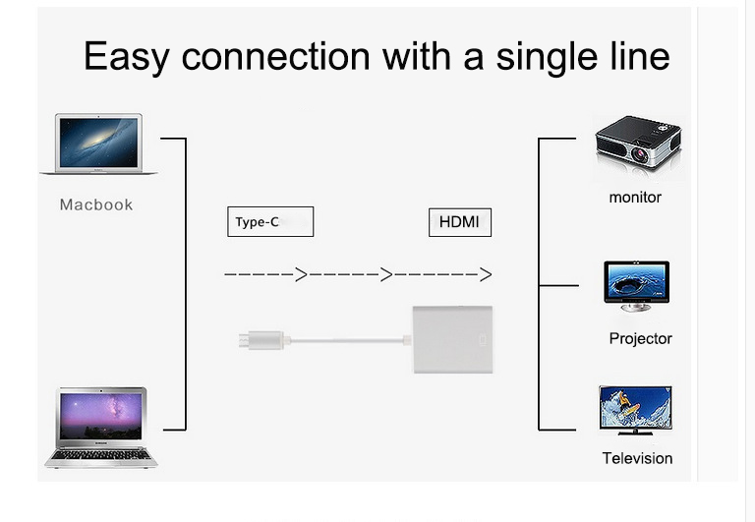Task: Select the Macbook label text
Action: pyautogui.click(x=95, y=204)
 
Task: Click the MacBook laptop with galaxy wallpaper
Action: pyautogui.click(x=98, y=144)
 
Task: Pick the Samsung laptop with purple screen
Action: pyautogui.click(x=100, y=425)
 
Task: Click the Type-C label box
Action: pyautogui.click(x=269, y=222)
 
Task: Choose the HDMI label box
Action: pyautogui.click(x=459, y=222)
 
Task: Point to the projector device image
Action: pyautogui.click(x=638, y=148)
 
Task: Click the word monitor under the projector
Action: pyautogui.click(x=635, y=198)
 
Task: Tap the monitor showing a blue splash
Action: pyautogui.click(x=637, y=284)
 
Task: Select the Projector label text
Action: pyautogui.click(x=640, y=339)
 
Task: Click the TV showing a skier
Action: pyautogui.click(x=635, y=409)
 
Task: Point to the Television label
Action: pyautogui.click(x=637, y=458)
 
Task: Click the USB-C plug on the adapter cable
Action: pyautogui.click(x=261, y=340)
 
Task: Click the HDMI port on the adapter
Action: pyautogui.click(x=481, y=340)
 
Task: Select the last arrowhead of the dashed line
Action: pyautogui.click(x=485, y=274)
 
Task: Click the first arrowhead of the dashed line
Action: pyautogui.click(x=301, y=274)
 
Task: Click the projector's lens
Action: pyautogui.click(x=640, y=154)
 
